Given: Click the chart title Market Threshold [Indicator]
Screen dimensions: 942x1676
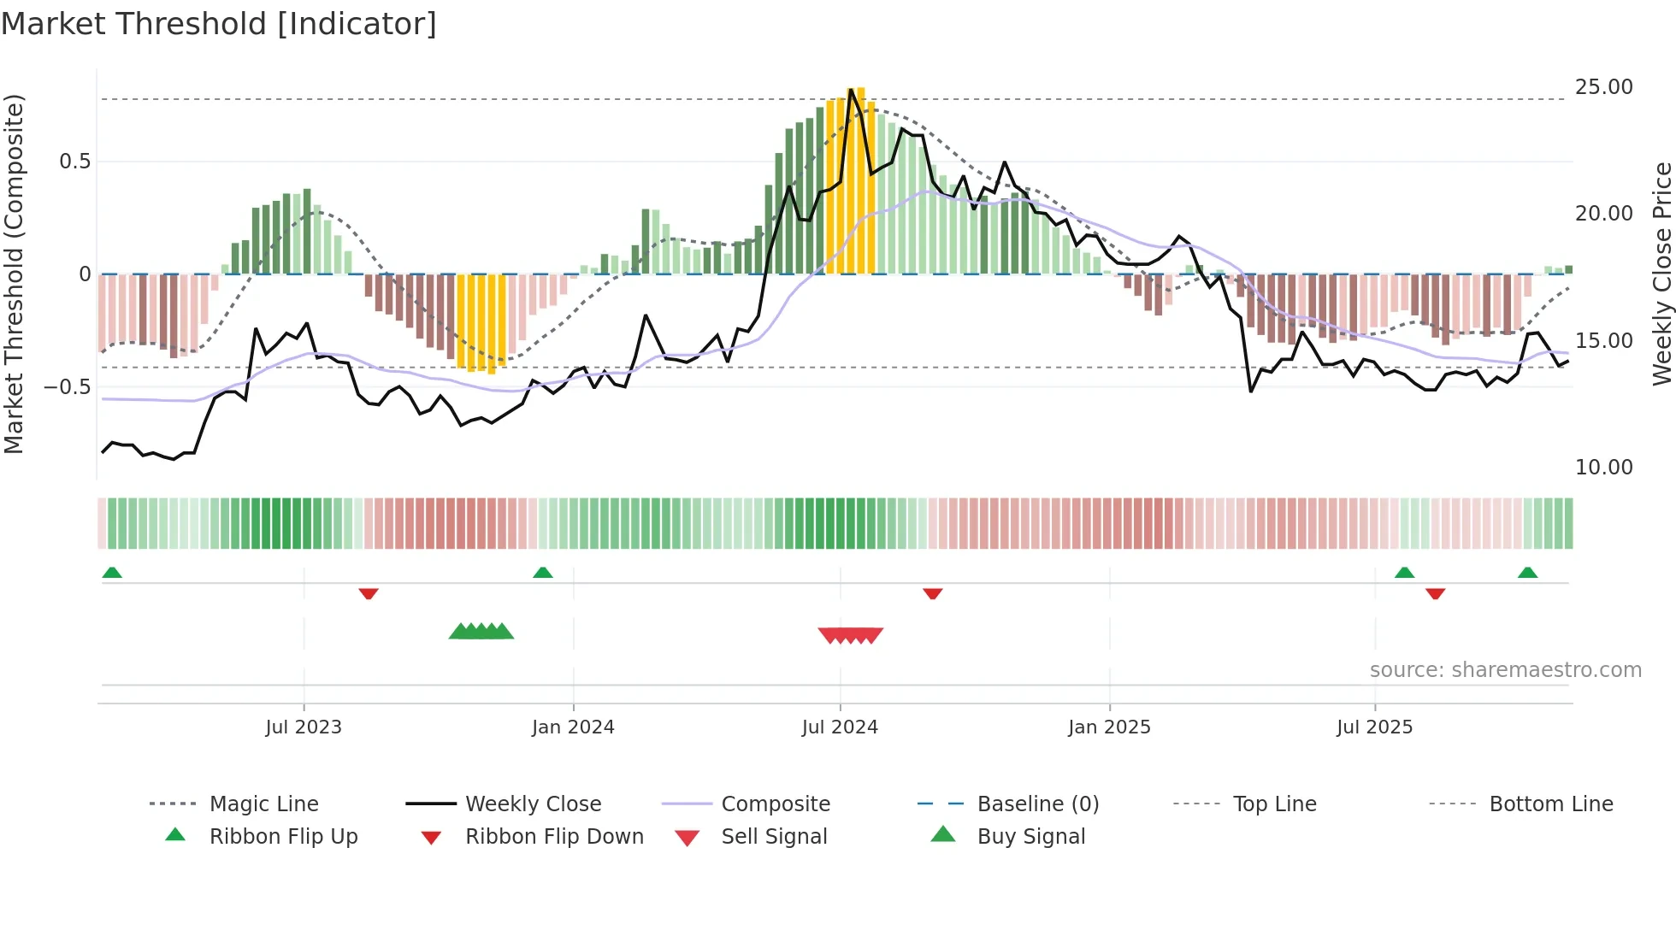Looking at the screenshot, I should [219, 24].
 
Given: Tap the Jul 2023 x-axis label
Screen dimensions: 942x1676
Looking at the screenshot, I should [303, 727].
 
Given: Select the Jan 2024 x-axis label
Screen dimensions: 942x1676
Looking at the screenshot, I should [572, 727].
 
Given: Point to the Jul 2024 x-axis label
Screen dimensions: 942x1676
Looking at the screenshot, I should [839, 727].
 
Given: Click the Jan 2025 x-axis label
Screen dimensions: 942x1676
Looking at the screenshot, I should [1108, 727].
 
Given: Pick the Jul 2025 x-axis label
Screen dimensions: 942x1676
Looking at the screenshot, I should [1374, 727].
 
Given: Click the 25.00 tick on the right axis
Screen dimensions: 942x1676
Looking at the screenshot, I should [1603, 87].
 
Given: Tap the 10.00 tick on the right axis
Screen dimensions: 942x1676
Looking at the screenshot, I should [1603, 468].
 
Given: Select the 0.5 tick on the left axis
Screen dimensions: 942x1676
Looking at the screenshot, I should [74, 162].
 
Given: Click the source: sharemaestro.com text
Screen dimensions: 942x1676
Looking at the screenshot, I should [1505, 670].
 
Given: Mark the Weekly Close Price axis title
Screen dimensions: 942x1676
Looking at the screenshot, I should [1661, 274].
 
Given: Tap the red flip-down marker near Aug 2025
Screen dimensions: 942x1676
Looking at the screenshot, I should [1435, 593].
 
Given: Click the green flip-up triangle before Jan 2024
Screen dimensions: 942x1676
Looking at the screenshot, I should [542, 572].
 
